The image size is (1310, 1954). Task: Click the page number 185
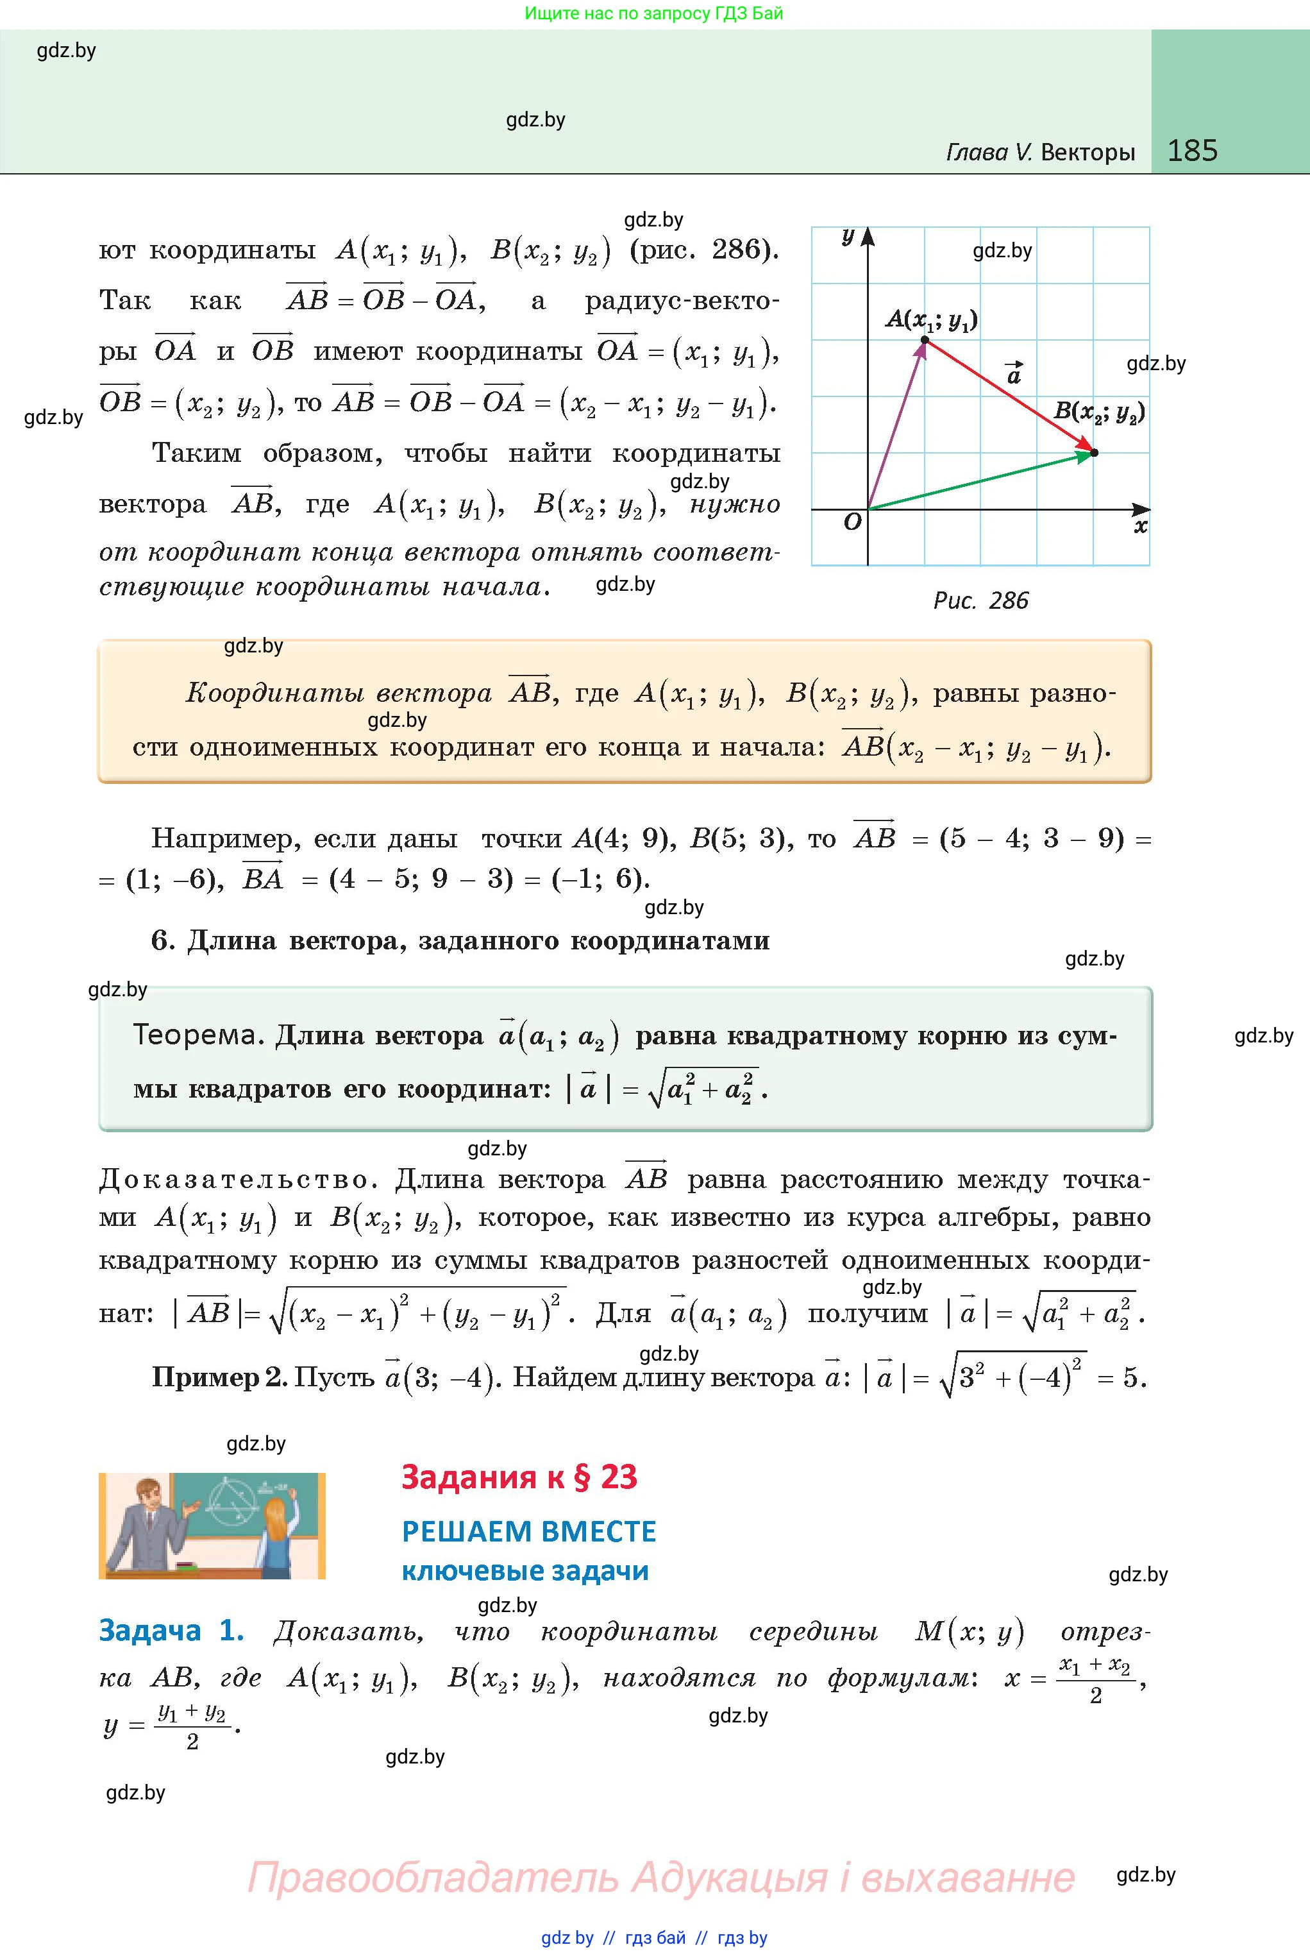[1192, 151]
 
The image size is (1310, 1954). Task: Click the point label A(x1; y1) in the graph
[932, 319]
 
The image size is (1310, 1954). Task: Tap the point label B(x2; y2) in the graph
[1098, 412]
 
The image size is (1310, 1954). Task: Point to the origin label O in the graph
[852, 522]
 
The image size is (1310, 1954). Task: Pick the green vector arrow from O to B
[982, 480]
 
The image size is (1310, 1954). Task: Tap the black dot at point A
[925, 339]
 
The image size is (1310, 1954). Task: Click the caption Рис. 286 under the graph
[980, 601]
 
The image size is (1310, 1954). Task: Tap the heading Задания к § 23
[519, 1477]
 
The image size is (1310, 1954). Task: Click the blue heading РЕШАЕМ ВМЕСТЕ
[529, 1532]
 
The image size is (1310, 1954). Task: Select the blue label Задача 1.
[171, 1631]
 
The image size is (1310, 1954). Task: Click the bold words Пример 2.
[219, 1377]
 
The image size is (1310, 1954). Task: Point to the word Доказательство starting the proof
[234, 1179]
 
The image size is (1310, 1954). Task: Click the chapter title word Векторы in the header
[1087, 152]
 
